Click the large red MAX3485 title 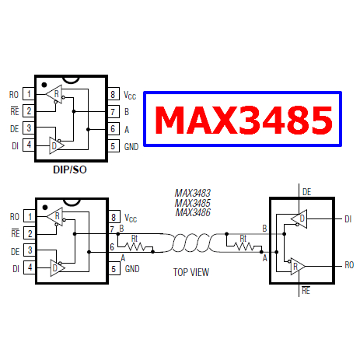(243, 120)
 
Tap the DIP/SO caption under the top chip (70, 170)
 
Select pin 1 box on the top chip (29, 94)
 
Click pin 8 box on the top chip (114, 94)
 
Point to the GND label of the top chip (131, 147)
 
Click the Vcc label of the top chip (130, 95)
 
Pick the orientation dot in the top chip (44, 85)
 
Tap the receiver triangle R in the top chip (54, 94)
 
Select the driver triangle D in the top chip (56, 145)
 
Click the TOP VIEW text (191, 272)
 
